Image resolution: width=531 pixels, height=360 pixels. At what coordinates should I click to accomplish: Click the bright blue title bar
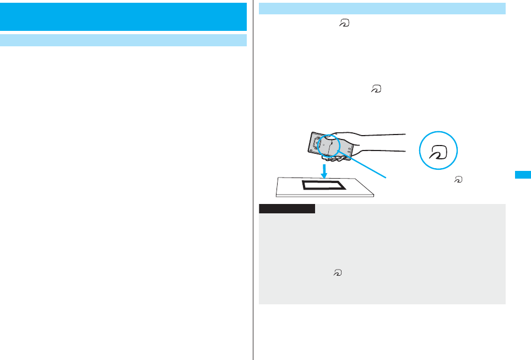tap(123, 17)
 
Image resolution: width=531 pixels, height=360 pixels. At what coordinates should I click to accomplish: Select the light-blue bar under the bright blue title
tap(123, 40)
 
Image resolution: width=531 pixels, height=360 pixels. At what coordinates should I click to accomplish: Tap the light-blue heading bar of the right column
tap(382, 8)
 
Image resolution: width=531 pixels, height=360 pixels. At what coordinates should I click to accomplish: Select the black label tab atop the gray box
tap(286, 209)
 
